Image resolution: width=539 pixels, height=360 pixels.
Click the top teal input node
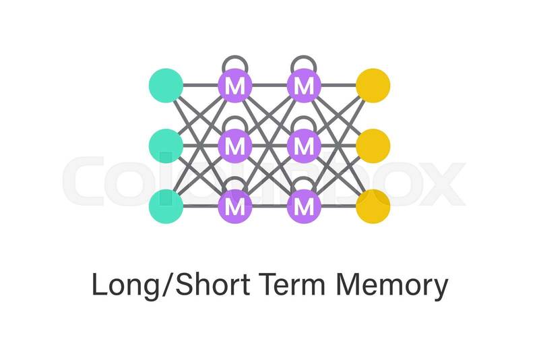coord(166,86)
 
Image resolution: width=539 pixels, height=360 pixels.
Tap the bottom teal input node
coord(166,206)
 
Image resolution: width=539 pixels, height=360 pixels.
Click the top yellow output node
coord(373,86)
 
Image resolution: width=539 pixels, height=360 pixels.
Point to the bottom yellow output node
coord(373,206)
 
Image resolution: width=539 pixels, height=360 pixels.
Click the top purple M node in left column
coord(235,86)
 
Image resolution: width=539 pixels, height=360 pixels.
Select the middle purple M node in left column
coord(235,145)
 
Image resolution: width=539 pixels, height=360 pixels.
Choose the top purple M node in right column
coord(305,86)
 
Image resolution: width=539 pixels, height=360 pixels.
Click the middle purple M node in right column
coord(305,145)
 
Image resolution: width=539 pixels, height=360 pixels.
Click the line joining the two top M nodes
coord(269,86)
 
